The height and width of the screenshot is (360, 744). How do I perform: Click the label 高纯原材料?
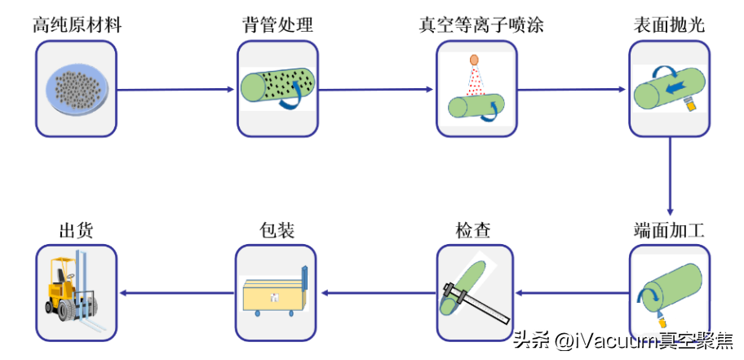point(77,25)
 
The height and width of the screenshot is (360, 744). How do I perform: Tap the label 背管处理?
point(272,25)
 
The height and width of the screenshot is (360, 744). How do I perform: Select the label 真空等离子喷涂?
point(476,25)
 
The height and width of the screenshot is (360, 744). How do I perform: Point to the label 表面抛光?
point(669,25)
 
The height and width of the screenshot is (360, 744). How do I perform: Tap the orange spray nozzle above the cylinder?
point(474,60)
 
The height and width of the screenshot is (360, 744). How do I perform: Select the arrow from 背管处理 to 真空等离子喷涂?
point(370,89)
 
